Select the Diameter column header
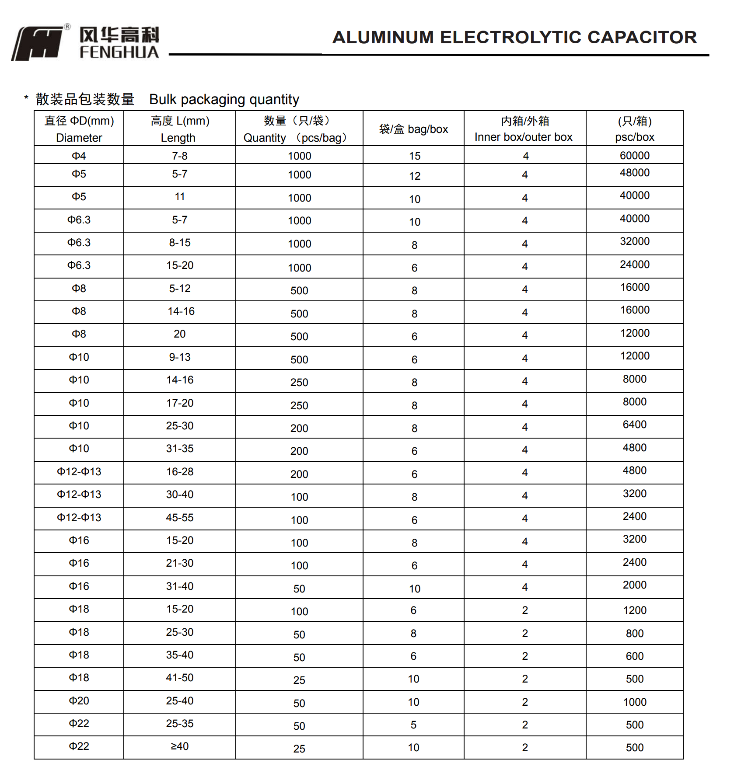coord(79,129)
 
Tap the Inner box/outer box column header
coord(524,129)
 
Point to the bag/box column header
coord(413,129)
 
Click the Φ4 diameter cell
coord(79,156)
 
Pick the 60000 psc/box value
coord(634,156)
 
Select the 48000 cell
coord(634,173)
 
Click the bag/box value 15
coord(414,156)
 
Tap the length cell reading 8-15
coord(180,243)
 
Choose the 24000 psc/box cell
coord(634,265)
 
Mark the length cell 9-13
coord(180,357)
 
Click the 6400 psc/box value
coord(634,425)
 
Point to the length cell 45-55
coord(180,518)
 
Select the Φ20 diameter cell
coord(79,701)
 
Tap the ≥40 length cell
coord(180,746)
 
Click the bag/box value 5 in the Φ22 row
coord(413,725)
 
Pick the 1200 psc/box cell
coord(634,610)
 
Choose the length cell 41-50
coord(180,678)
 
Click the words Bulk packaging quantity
coord(224,100)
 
